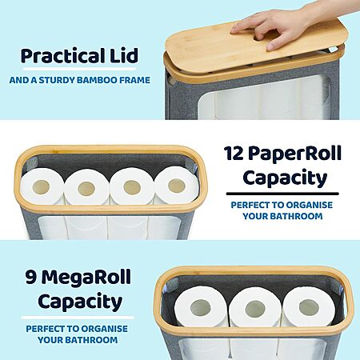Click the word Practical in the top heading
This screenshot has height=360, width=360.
pyautogui.click(x=62, y=55)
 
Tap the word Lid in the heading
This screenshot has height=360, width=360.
pyautogui.click(x=124, y=55)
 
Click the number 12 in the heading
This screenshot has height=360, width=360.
pyautogui.click(x=234, y=153)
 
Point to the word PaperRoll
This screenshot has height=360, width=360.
pyautogui.click(x=296, y=154)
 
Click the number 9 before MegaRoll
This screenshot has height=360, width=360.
pyautogui.click(x=31, y=278)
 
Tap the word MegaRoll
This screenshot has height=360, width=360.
pyautogui.click(x=86, y=278)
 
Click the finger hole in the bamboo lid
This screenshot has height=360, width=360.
pyautogui.click(x=258, y=38)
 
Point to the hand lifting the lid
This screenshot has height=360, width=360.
pyautogui.click(x=282, y=26)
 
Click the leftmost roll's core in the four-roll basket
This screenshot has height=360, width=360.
pyautogui.click(x=41, y=187)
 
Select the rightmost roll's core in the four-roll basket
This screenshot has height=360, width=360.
pyautogui.click(x=177, y=185)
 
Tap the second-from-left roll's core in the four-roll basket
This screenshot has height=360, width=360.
pyautogui.click(x=86, y=188)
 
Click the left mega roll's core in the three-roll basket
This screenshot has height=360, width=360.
pyautogui.click(x=201, y=308)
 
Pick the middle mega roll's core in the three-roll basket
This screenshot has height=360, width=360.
pyautogui.click(x=255, y=309)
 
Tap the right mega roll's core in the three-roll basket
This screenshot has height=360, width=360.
pyautogui.click(x=309, y=307)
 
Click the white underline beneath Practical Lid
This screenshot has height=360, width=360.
pyautogui.click(x=79, y=69)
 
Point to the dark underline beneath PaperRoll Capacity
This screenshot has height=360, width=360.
pyautogui.click(x=282, y=194)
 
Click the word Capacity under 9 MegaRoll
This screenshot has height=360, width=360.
pyautogui.click(x=80, y=302)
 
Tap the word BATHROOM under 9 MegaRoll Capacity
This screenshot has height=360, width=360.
pyautogui.click(x=91, y=340)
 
